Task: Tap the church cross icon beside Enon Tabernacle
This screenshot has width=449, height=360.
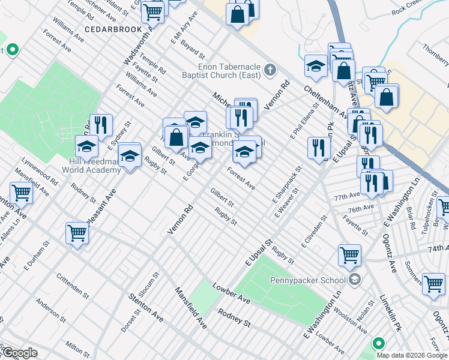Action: tap(270, 70)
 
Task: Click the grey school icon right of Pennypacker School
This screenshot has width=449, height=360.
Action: tap(355, 280)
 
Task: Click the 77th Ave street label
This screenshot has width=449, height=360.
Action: tap(347, 196)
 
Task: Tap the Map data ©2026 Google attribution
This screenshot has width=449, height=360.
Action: tap(412, 355)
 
